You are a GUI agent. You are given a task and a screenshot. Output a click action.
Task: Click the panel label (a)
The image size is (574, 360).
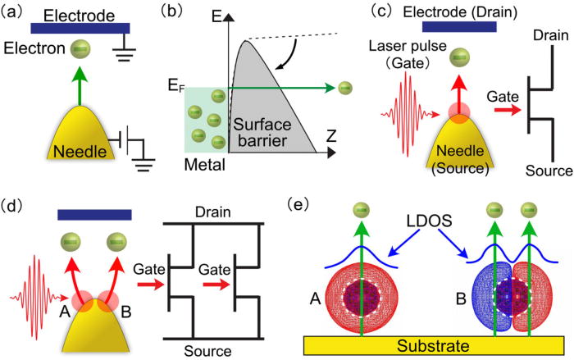coord(13,11)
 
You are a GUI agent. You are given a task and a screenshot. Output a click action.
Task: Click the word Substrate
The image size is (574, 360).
coord(430,344)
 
